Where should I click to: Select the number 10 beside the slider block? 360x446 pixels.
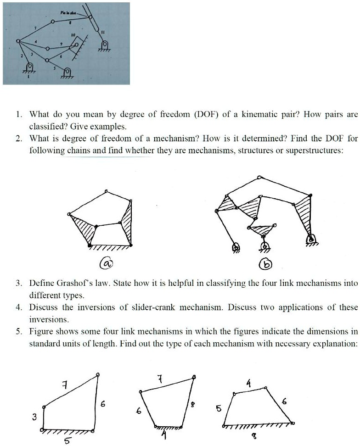tap(72, 35)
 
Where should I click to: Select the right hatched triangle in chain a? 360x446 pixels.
tap(127, 224)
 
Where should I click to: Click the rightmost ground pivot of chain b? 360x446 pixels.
tap(311, 238)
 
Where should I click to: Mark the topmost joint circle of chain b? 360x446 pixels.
tap(259, 177)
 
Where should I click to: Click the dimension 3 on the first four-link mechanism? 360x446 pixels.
tap(34, 417)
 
